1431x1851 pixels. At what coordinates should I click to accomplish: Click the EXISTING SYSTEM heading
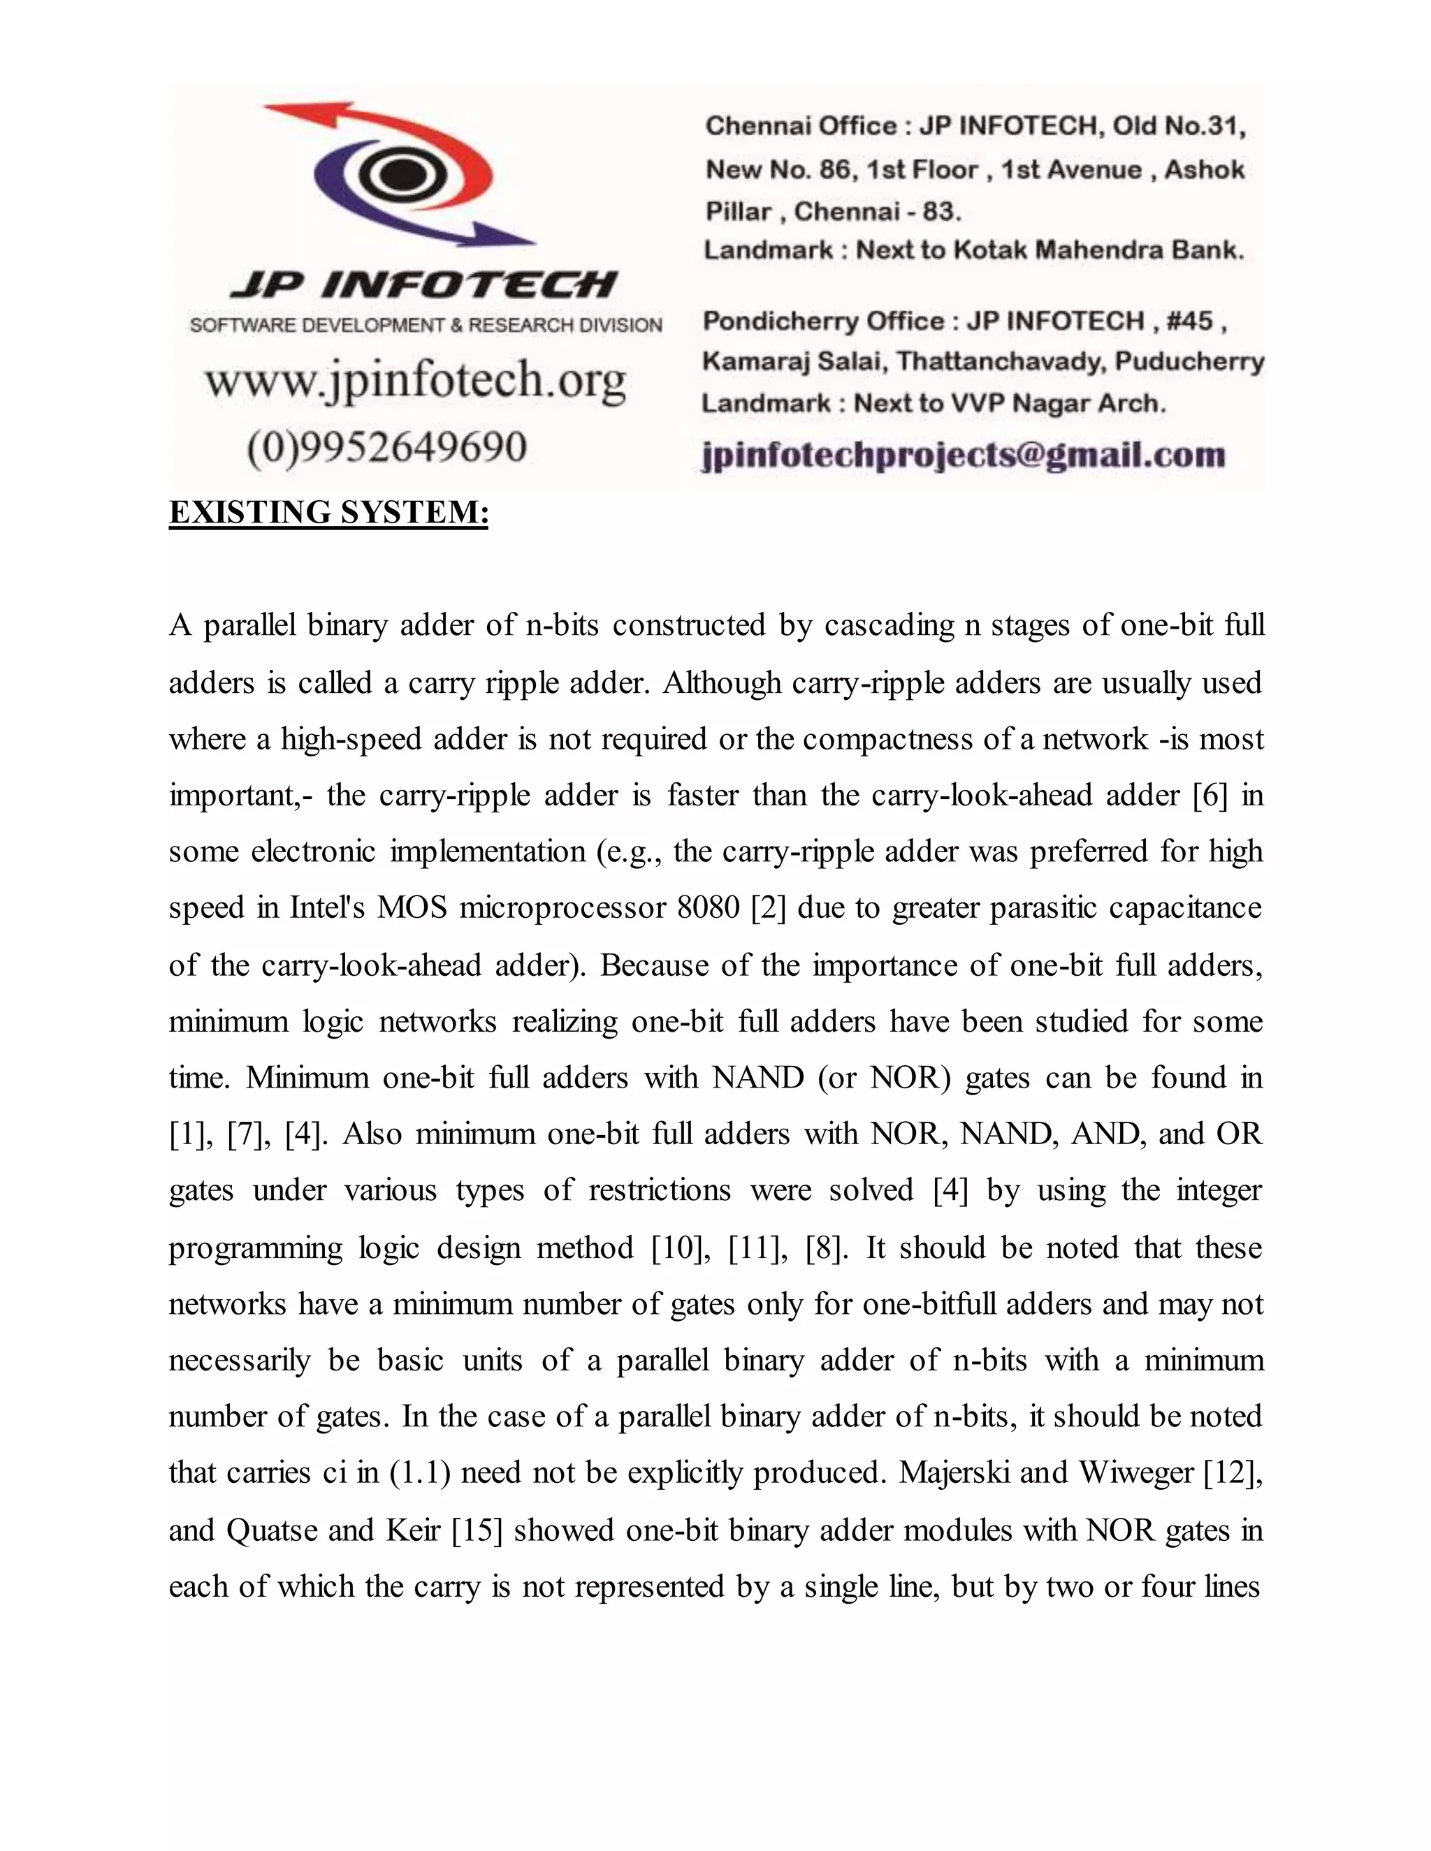[329, 513]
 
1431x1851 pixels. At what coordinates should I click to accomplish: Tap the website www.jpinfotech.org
[416, 381]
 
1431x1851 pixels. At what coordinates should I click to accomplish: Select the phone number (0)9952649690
[387, 446]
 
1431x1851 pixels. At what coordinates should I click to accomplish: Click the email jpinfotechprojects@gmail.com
[963, 455]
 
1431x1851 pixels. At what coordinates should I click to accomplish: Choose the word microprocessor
[563, 908]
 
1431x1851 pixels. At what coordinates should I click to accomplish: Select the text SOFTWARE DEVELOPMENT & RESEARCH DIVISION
[426, 325]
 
